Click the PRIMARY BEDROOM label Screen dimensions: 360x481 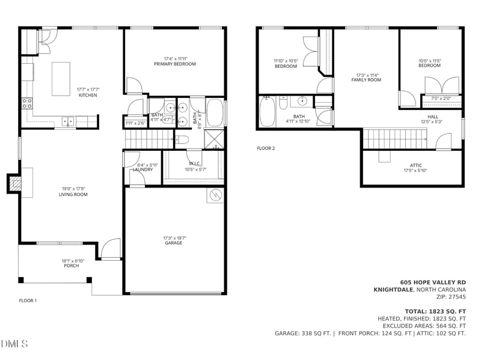[x=174, y=64]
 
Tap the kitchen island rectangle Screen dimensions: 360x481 [x=61, y=78]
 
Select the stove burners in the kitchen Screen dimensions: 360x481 [x=27, y=103]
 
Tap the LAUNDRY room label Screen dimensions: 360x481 [x=142, y=169]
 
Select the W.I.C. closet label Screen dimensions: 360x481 [x=194, y=163]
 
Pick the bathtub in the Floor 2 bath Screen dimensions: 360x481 [x=267, y=112]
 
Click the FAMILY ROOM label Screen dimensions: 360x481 [x=366, y=80]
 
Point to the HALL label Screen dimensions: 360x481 [x=433, y=117]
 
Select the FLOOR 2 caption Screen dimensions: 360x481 [x=265, y=148]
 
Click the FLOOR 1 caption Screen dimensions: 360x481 [x=28, y=301]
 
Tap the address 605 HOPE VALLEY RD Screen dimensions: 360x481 [x=433, y=282]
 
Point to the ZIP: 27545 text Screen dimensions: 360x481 [x=450, y=296]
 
